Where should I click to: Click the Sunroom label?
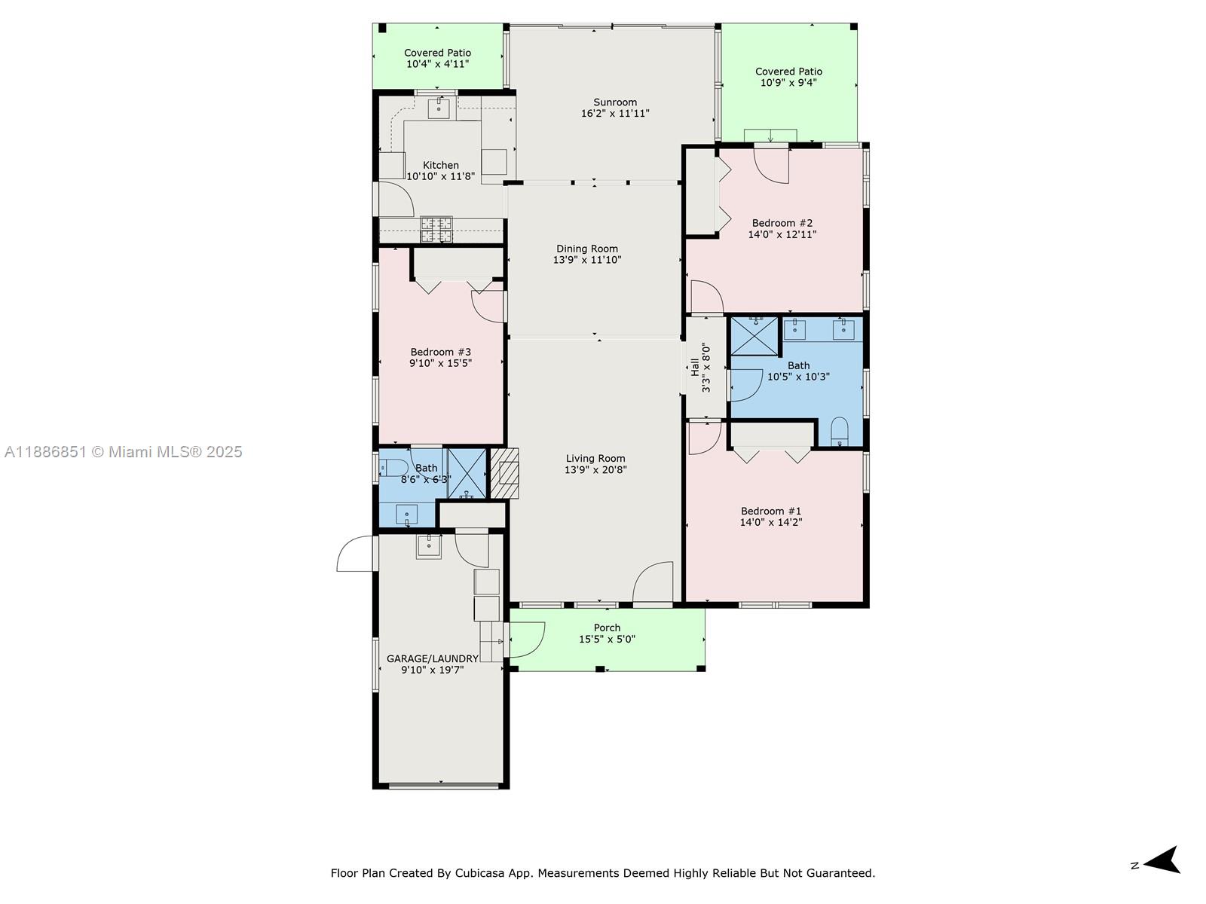(615, 102)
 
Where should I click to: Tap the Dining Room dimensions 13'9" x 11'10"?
(587, 260)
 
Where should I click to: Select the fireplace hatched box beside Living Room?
(505, 473)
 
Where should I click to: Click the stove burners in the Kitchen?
(436, 229)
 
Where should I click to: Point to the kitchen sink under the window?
(439, 108)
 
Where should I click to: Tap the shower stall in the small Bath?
(467, 473)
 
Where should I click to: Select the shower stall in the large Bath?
(755, 336)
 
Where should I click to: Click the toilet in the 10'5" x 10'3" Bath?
(839, 432)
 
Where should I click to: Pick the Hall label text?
(694, 368)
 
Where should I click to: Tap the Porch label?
(607, 628)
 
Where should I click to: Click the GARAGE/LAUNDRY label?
(433, 658)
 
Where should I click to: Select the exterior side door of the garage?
(355, 554)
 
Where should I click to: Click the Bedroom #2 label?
(782, 223)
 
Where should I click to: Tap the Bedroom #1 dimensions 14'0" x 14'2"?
(771, 522)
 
